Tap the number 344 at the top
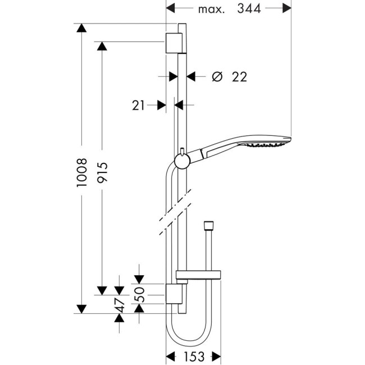249,8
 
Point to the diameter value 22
239,77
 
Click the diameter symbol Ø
217,77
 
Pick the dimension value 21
140,104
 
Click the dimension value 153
193,356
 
